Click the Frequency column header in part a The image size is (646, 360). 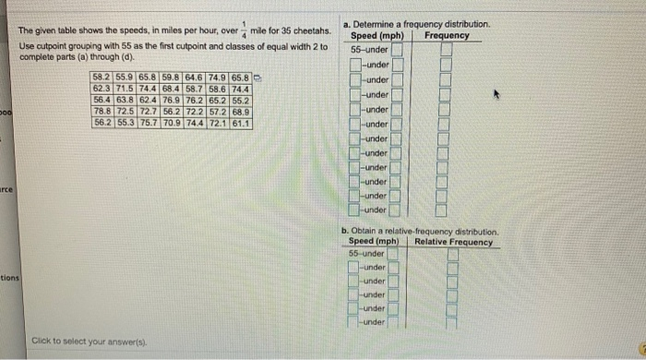447,36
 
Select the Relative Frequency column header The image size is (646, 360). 454,242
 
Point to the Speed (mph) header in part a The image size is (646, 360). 381,36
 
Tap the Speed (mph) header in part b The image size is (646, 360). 374,242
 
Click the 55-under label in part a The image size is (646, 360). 370,49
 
